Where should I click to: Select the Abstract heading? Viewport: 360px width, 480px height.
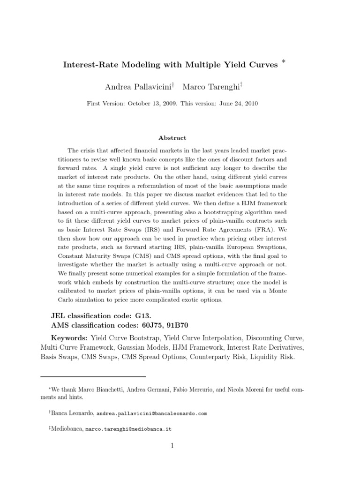(x=172, y=138)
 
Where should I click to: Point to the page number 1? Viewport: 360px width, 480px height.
(x=172, y=446)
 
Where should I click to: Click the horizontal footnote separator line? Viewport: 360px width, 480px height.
(x=93, y=376)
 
